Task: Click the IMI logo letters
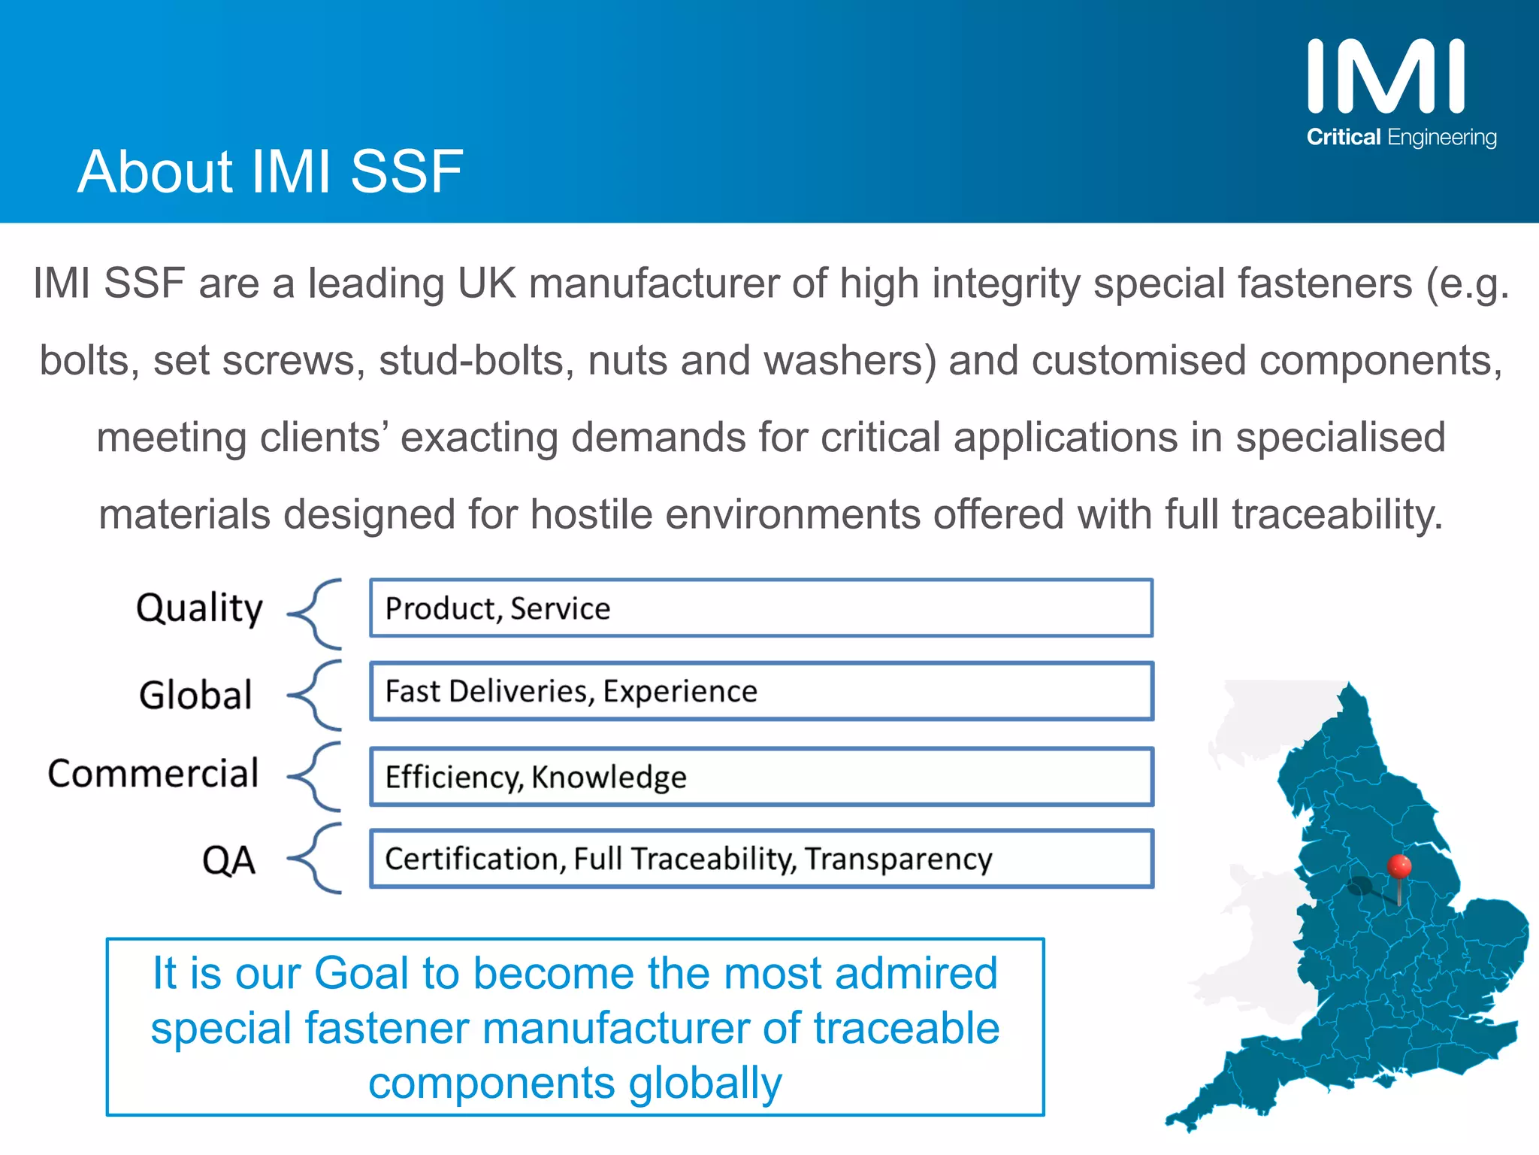[x=1386, y=77]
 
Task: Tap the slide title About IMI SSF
[x=270, y=171]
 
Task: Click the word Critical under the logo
[x=1344, y=138]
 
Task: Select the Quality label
[x=199, y=608]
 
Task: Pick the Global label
[x=195, y=695]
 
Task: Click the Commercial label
[x=153, y=773]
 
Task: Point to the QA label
[x=228, y=859]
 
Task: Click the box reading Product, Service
[x=760, y=608]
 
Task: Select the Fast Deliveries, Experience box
[x=760, y=691]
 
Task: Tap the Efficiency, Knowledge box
[x=760, y=777]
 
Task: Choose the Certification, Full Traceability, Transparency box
[x=760, y=859]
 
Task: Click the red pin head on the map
[x=1398, y=866]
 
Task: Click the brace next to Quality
[x=316, y=614]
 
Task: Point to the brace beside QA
[x=316, y=858]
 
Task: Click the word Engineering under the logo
[x=1442, y=138]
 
